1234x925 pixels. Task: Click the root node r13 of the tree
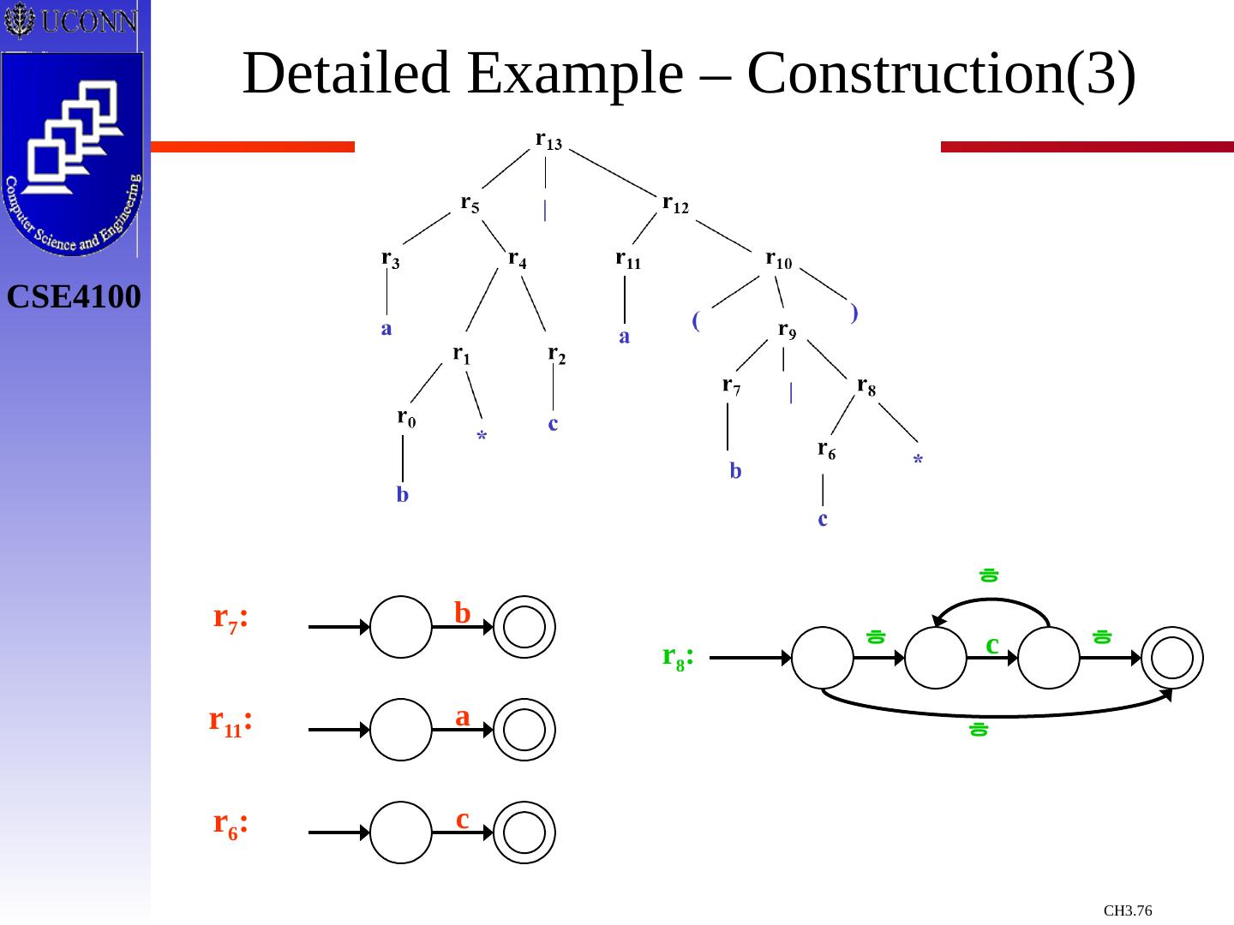coord(548,140)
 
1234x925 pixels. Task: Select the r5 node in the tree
coord(470,204)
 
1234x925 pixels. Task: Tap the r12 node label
coord(675,204)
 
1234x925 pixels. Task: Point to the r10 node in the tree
coord(778,260)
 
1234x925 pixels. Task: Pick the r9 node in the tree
coord(787,331)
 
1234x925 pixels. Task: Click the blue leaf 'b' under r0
coord(403,495)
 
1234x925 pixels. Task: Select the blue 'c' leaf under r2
coord(553,423)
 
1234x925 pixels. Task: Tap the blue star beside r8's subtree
coord(918,461)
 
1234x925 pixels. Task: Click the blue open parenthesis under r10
coord(696,321)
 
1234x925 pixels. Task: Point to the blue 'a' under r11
coord(625,337)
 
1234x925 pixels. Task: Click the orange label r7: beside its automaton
coord(231,618)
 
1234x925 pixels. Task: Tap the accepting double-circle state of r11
coord(524,730)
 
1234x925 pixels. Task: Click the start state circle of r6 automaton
coord(401,832)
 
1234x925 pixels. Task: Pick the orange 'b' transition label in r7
coord(463,612)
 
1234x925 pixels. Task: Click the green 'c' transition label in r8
coord(992,643)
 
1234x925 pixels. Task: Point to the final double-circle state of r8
coord(1171,658)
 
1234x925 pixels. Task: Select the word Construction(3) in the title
coord(942,74)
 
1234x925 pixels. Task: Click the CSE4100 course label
coord(74,297)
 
